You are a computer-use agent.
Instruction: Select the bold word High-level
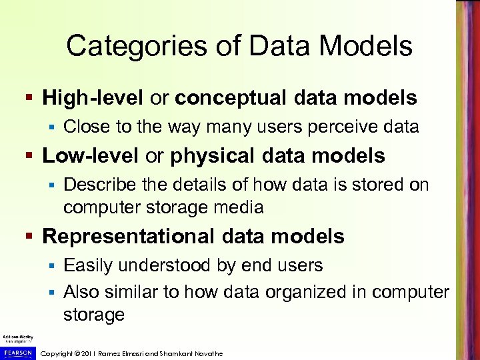93,99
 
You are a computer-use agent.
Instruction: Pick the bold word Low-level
91,156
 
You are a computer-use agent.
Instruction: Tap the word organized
296,291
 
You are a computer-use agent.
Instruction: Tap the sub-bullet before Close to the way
53,127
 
